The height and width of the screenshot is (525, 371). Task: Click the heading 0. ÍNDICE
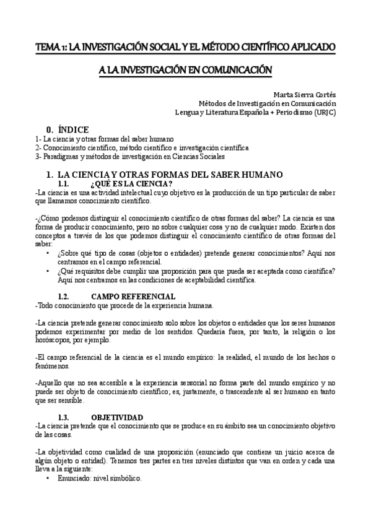tap(68, 129)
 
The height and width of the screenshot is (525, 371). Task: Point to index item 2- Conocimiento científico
tap(142, 148)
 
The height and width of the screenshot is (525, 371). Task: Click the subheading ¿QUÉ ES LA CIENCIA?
tap(131, 184)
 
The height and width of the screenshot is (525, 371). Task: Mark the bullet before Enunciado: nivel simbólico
tap(48, 479)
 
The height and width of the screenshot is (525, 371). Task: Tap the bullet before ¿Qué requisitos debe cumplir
tap(48, 271)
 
